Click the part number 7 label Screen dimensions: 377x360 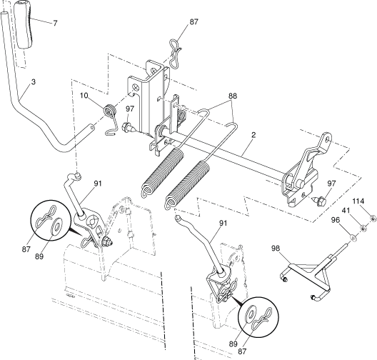tap(55, 23)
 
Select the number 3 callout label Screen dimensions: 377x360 tap(33, 81)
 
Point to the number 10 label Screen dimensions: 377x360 tap(84, 96)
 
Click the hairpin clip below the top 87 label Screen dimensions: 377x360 tap(174, 54)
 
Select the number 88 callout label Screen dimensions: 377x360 tap(232, 96)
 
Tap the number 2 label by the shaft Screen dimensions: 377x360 tap(253, 135)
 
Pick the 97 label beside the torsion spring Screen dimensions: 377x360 tap(130, 109)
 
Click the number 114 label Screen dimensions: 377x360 tap(358, 201)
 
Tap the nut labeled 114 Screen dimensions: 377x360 tap(373, 219)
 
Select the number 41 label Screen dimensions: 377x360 tap(346, 211)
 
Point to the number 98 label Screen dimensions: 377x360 tap(276, 248)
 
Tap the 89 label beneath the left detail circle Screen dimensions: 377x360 tap(39, 256)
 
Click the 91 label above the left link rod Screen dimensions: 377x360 tap(98, 184)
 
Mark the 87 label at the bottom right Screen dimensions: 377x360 tap(242, 351)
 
